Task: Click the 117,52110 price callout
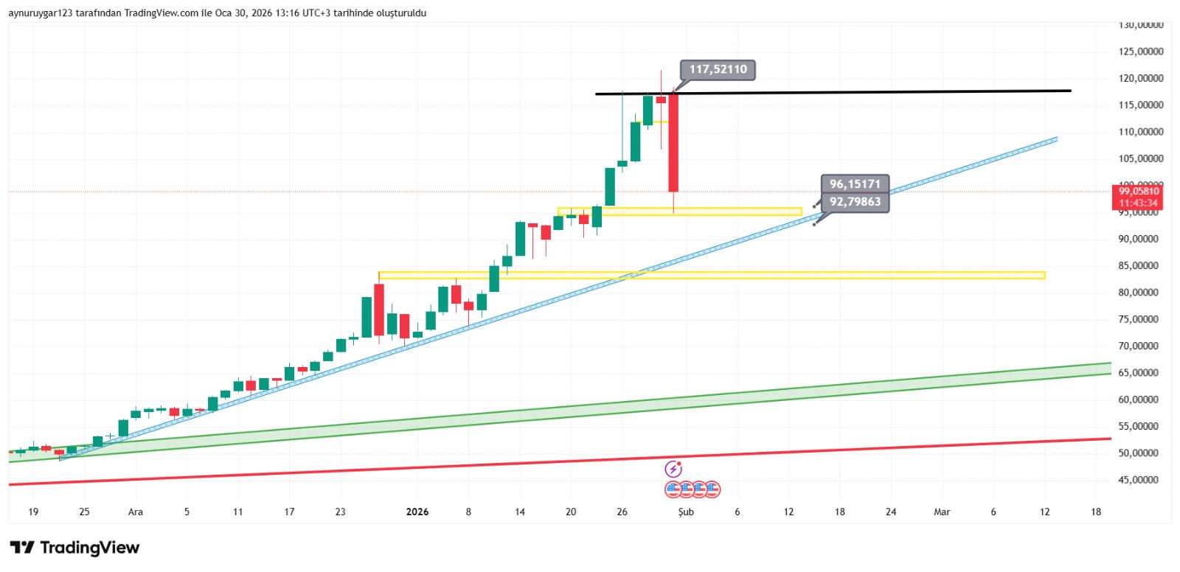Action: click(718, 70)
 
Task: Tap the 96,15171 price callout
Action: click(855, 184)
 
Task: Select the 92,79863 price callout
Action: click(855, 202)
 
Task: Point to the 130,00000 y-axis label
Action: click(1140, 25)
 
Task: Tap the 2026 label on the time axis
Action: click(417, 512)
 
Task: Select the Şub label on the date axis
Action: click(686, 512)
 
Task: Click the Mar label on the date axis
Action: click(942, 512)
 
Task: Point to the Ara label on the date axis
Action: click(136, 512)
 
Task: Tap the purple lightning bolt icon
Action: click(673, 469)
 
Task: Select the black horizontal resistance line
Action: click(885, 92)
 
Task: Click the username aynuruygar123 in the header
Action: click(40, 13)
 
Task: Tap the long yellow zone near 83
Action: click(737, 276)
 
